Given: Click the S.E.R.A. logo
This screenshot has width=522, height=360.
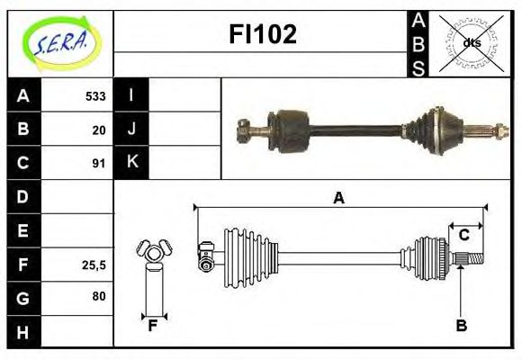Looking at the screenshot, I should (x=59, y=42).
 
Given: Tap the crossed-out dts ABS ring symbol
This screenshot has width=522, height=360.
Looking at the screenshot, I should (x=472, y=42).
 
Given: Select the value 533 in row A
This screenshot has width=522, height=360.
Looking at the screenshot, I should (x=95, y=96).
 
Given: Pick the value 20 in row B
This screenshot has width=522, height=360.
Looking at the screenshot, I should (x=99, y=130).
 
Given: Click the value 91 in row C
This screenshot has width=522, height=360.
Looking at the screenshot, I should (x=99, y=164).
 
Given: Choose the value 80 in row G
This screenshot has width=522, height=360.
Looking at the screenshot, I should (x=99, y=296).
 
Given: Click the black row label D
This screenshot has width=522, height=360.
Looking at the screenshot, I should (x=23, y=196).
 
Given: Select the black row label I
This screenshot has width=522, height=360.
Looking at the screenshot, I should (x=131, y=95).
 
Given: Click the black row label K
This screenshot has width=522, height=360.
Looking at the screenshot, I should (x=131, y=163).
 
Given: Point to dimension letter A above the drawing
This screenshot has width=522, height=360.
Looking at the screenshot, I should (x=338, y=199).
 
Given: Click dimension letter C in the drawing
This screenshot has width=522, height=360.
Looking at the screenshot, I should (x=464, y=236).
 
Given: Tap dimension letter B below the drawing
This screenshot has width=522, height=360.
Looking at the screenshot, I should (x=461, y=326).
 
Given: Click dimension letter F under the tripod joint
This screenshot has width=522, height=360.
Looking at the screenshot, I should (x=153, y=326).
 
